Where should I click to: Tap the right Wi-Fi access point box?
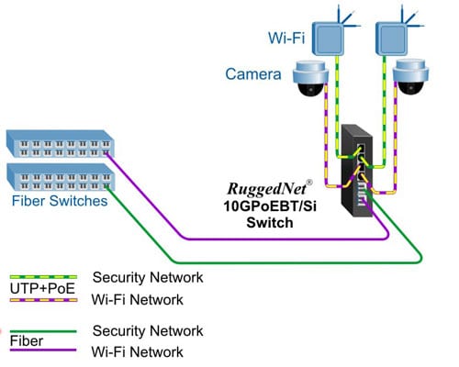392,36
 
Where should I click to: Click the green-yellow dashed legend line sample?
40,276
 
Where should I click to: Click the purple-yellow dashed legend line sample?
40,299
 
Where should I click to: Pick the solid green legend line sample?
40,328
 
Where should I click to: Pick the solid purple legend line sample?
40,351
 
